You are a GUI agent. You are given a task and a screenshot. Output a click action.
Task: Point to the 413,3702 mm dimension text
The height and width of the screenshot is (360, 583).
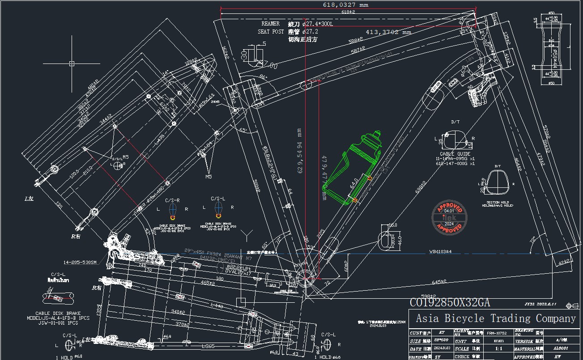[388, 32]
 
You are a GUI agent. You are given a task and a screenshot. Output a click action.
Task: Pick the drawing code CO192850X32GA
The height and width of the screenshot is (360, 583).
[450, 303]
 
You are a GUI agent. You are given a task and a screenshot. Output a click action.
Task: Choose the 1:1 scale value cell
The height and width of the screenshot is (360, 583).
[493, 349]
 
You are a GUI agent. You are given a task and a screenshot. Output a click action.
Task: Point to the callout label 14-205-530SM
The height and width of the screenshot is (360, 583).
[80, 262]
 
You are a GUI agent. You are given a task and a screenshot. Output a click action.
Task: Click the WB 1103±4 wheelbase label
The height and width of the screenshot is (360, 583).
[440, 251]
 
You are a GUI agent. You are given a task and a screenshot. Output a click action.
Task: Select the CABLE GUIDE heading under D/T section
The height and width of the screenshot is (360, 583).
[455, 154]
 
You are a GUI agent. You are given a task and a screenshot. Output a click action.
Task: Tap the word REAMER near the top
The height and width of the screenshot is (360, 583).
[270, 23]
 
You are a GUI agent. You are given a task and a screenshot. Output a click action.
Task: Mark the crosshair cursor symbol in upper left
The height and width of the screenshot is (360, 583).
[72, 64]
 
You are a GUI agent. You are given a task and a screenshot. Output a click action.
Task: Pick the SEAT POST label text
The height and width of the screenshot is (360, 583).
[271, 32]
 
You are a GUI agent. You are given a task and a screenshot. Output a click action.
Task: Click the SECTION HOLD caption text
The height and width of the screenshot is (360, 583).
[498, 203]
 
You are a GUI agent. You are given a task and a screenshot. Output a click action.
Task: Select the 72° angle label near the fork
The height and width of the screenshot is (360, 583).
[532, 240]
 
